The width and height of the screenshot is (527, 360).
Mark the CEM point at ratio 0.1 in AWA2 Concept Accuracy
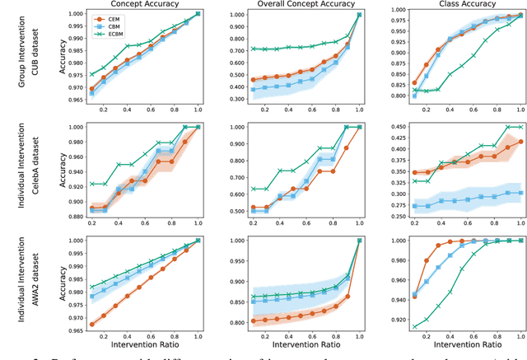click(91, 324)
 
